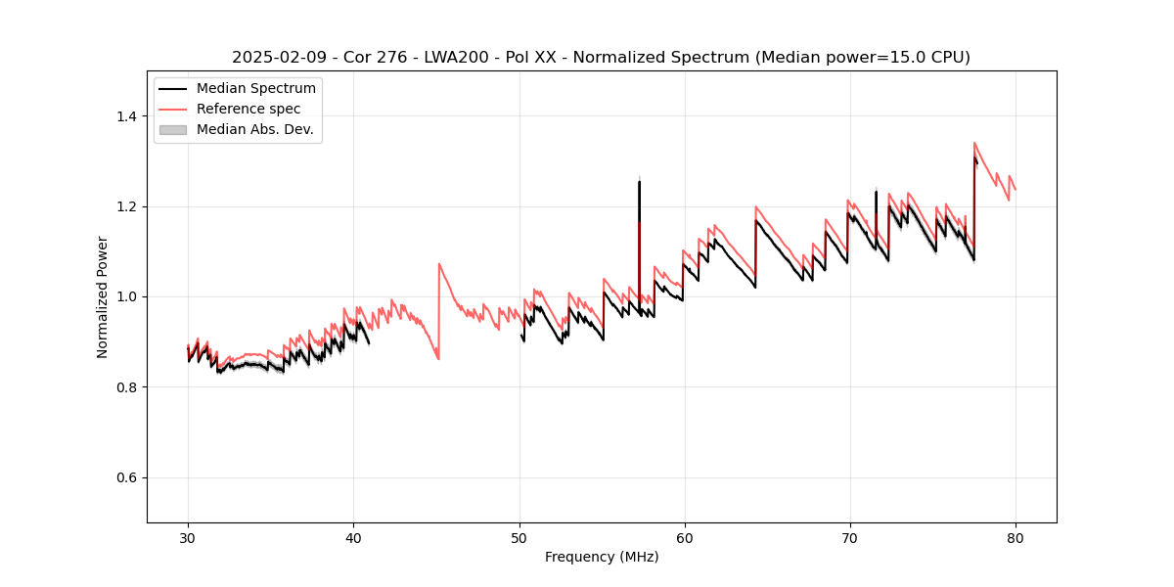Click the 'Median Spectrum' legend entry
click(x=255, y=89)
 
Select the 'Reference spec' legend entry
click(x=248, y=109)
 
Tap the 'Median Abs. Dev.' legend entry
click(x=254, y=129)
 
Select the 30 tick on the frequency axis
click(x=188, y=523)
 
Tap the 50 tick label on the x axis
click(x=519, y=538)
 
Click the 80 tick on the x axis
click(x=1016, y=523)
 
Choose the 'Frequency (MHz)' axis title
click(x=602, y=557)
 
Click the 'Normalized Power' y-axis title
click(x=102, y=296)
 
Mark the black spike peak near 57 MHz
click(x=639, y=181)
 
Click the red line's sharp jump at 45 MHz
click(x=439, y=263)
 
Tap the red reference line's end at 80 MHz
click(x=1016, y=190)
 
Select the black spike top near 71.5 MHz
click(x=876, y=192)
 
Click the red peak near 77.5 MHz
click(x=974, y=143)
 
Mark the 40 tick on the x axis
click(x=353, y=523)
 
